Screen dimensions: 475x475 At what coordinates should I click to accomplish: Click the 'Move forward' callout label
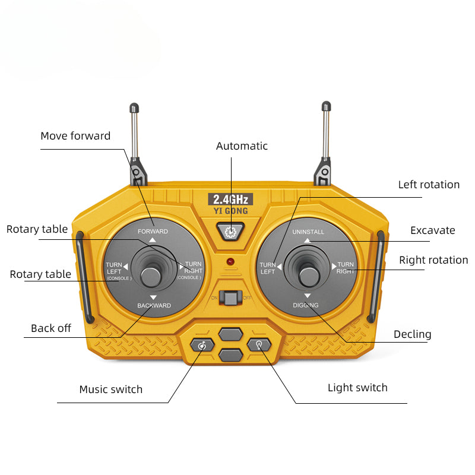click(75, 136)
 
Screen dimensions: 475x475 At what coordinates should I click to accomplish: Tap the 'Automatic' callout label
click(242, 146)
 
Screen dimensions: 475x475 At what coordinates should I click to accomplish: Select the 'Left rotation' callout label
click(429, 185)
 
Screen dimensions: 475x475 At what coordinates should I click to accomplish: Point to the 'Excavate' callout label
click(432, 230)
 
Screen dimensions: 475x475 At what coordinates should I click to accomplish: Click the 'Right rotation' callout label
click(433, 260)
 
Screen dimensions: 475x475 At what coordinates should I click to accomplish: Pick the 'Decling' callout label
click(412, 334)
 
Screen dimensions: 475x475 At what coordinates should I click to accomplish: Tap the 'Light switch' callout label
click(357, 388)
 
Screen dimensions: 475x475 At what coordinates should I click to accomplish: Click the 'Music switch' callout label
click(111, 389)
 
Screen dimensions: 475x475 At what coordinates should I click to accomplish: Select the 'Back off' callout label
click(51, 328)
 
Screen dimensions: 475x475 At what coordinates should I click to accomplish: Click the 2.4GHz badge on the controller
click(231, 199)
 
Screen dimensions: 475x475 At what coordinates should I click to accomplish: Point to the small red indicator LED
click(230, 261)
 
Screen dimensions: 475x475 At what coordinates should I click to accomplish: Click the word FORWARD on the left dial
click(153, 231)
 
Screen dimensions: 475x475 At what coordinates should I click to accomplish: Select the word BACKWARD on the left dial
click(154, 306)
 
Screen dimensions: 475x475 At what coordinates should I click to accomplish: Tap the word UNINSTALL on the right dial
click(308, 232)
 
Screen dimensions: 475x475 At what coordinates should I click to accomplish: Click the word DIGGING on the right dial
click(306, 305)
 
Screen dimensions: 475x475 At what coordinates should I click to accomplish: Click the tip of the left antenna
click(134, 107)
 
